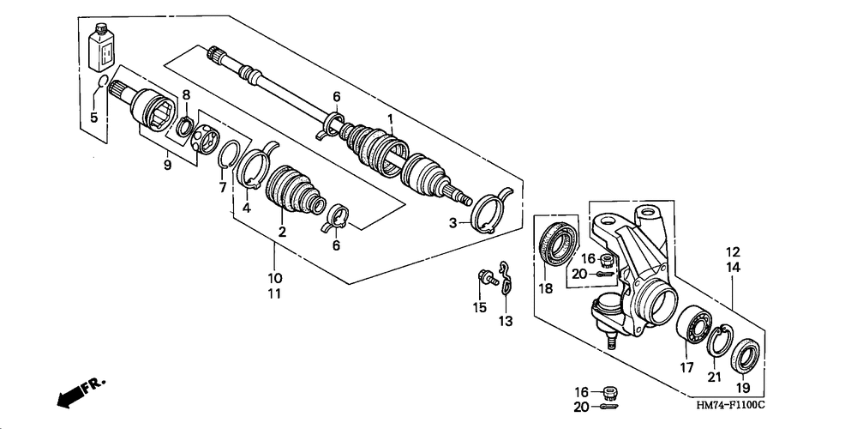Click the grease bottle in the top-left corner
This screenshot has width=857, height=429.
point(102,47)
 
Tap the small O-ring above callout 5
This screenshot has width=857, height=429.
point(100,82)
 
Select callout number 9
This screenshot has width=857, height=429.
point(167,164)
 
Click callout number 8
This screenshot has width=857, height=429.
point(186,95)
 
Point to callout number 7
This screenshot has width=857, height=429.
point(223,188)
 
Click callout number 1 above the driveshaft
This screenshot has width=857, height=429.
point(391,118)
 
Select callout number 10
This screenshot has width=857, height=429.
point(274,277)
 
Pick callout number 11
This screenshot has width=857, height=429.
point(274,293)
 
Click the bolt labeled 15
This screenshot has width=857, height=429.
point(488,278)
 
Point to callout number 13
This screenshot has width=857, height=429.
point(506,321)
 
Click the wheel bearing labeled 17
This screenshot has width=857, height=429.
point(694,324)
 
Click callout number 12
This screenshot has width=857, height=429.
point(733,252)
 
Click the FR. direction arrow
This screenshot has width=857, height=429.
point(81,392)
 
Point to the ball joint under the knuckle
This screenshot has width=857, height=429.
point(608,314)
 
